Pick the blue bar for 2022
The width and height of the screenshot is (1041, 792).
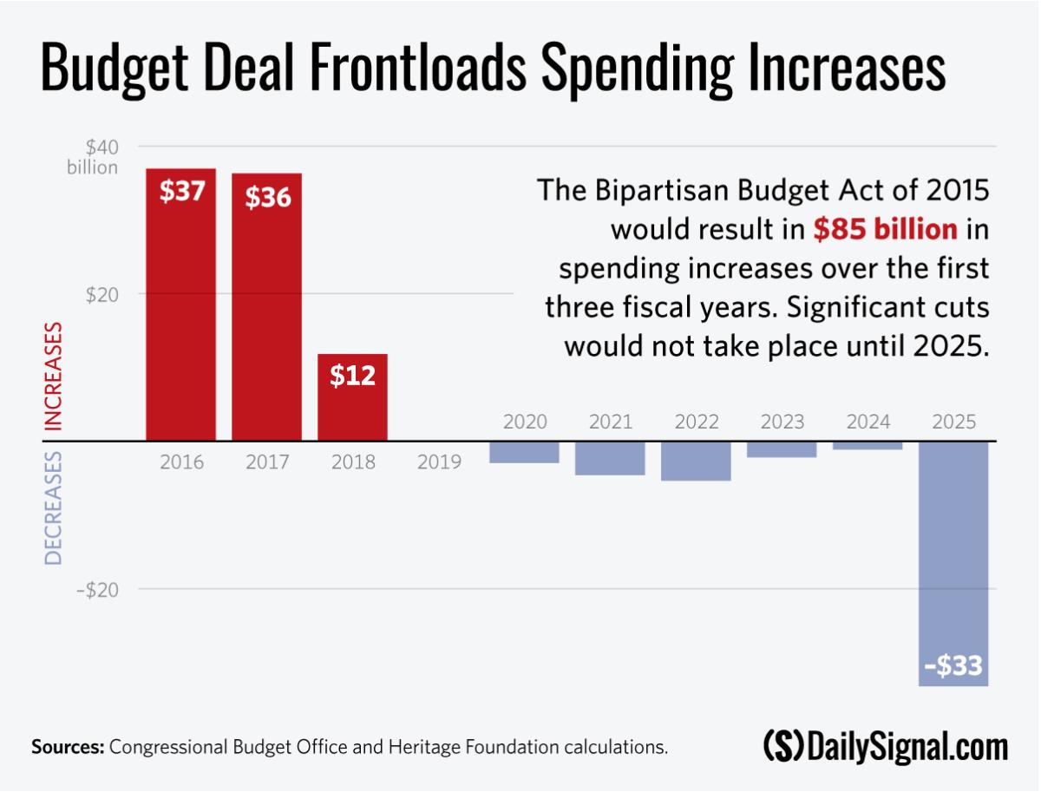point(696,461)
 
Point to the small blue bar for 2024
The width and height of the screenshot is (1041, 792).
point(867,446)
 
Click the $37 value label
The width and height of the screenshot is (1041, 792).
point(181,191)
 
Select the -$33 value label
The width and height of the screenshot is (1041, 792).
point(953,665)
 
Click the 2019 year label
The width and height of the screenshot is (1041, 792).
point(439,462)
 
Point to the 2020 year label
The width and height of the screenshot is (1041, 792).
point(525,422)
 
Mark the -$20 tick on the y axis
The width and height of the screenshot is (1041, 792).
point(97,589)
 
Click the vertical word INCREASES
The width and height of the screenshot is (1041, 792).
point(54,376)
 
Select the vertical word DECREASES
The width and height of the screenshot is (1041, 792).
point(54,508)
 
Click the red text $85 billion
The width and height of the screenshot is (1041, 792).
point(885,229)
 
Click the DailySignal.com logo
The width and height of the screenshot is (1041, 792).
point(886,746)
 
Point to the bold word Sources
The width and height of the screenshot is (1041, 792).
point(68,747)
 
